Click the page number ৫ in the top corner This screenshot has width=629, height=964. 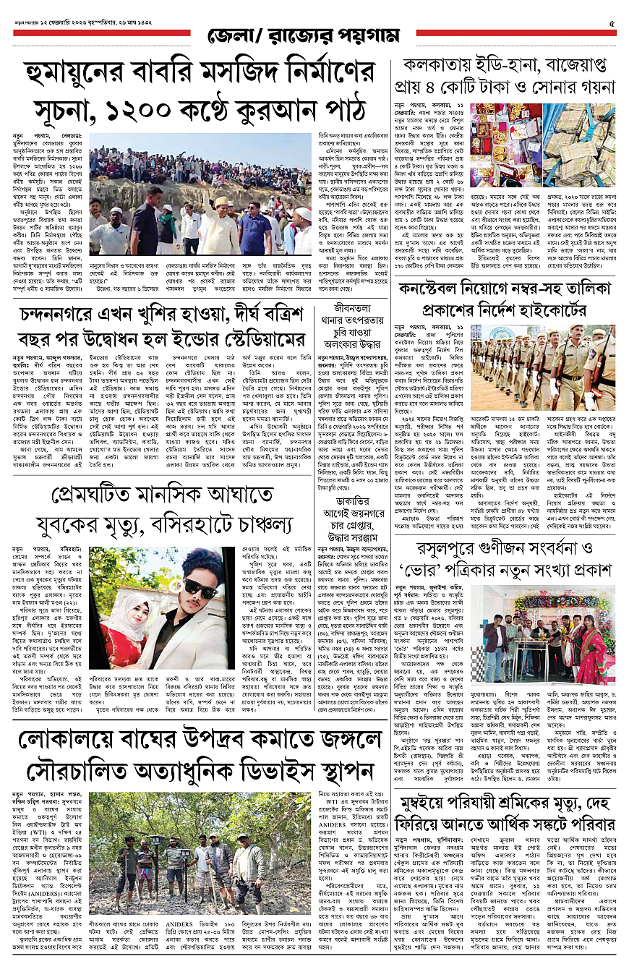tap(612, 24)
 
